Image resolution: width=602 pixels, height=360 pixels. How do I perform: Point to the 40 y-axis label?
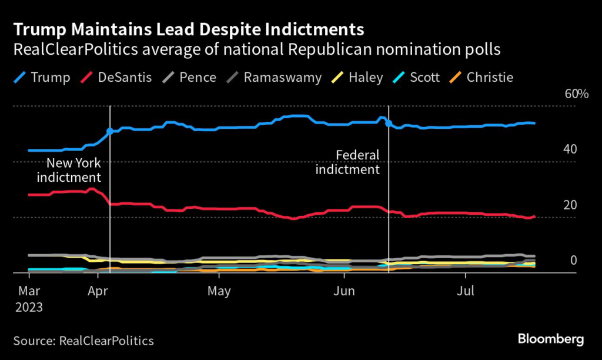pyautogui.click(x=569, y=149)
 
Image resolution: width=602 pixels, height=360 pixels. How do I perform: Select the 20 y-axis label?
pyautogui.click(x=569, y=205)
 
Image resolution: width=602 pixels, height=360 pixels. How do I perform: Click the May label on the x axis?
pyautogui.click(x=219, y=291)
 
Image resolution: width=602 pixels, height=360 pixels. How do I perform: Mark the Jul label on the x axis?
pyautogui.click(x=466, y=291)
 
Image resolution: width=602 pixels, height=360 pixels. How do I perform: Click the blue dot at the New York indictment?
pyautogui.click(x=109, y=132)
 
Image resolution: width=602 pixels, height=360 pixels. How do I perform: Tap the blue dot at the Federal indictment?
pyautogui.click(x=389, y=124)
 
